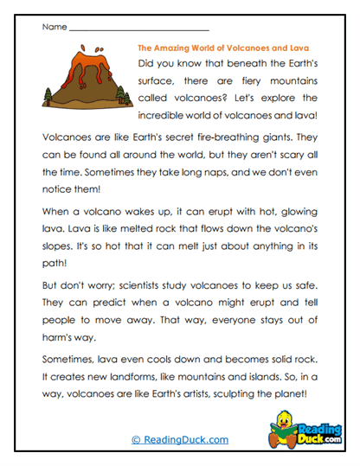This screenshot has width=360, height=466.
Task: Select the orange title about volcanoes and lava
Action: (x=223, y=48)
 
